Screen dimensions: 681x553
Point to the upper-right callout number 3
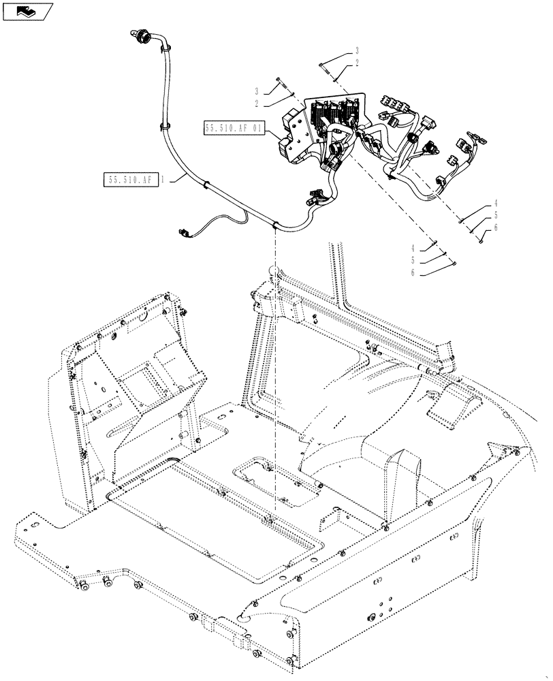357,51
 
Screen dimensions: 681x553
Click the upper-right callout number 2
357,63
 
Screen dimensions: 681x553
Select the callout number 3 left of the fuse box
257,91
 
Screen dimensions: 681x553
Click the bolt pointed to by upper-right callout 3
325,67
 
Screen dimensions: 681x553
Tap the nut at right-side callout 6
481,239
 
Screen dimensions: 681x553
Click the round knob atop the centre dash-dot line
274,270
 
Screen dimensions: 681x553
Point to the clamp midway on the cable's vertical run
164,125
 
